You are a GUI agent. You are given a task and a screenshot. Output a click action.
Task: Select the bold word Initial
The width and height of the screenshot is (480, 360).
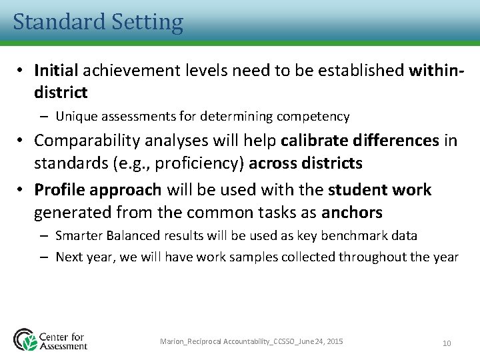click(x=56, y=70)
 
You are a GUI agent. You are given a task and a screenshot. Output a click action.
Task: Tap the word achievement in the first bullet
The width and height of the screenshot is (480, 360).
click(x=124, y=70)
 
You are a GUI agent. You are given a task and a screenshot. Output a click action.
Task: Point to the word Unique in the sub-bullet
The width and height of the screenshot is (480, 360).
click(x=75, y=117)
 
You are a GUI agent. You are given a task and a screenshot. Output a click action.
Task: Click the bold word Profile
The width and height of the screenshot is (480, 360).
click(x=59, y=190)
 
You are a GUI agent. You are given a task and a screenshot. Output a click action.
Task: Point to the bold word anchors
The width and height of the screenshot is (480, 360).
click(x=352, y=213)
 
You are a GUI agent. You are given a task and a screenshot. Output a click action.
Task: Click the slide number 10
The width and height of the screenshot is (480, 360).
click(x=447, y=343)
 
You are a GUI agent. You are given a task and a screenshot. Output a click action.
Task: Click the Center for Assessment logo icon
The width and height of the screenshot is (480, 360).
click(x=26, y=339)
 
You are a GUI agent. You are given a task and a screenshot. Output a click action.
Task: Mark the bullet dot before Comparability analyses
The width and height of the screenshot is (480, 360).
click(x=22, y=141)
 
